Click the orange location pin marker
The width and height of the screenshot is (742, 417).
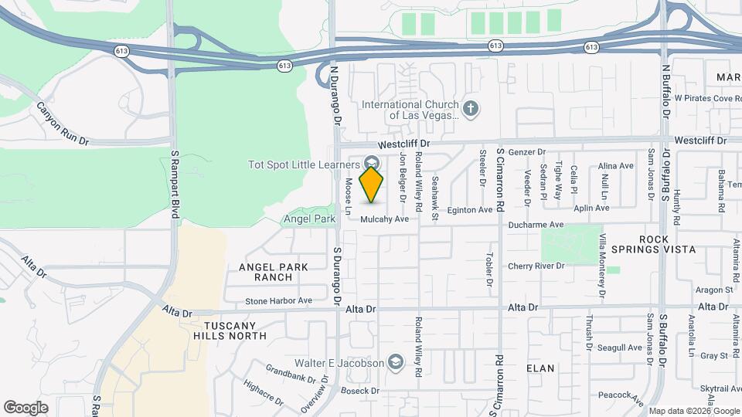coord(372,184)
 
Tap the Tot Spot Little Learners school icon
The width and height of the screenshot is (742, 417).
coord(372,163)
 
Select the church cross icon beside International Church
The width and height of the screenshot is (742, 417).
coord(471,107)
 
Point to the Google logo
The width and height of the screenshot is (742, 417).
coord(26,408)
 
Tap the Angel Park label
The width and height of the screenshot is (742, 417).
coord(309,219)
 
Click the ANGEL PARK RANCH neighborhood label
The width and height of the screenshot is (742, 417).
coord(274,272)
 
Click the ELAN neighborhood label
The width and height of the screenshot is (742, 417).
coord(540,368)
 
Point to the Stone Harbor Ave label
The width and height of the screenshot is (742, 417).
coord(278,301)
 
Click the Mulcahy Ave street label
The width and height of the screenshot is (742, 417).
coord(385,219)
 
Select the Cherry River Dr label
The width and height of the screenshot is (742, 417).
coord(536,266)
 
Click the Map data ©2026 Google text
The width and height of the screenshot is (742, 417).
coord(693,410)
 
